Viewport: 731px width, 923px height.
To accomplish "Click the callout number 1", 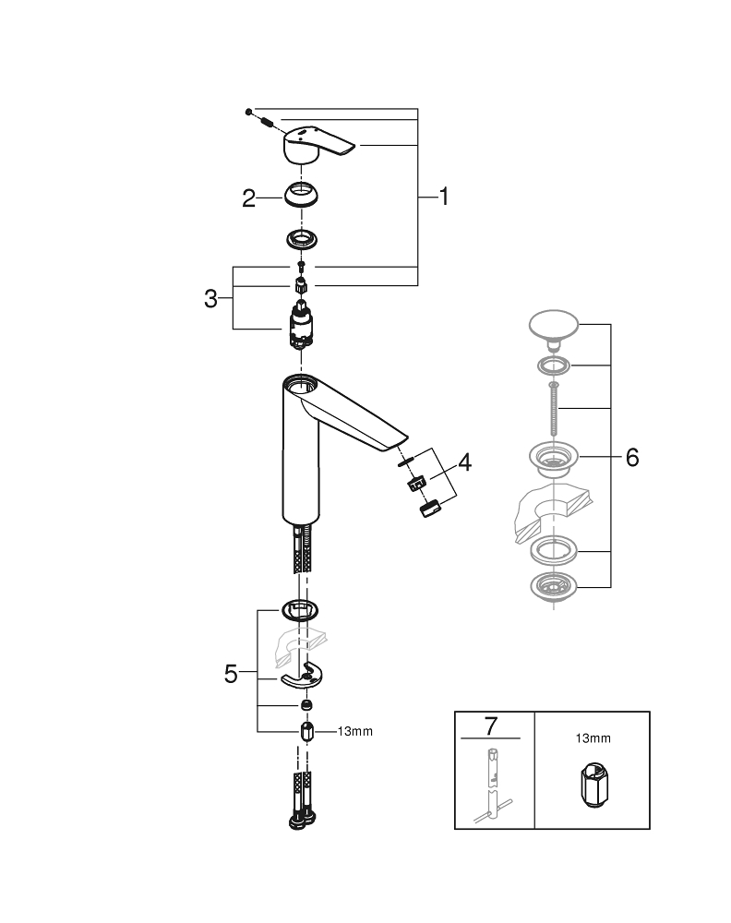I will pos(443,197).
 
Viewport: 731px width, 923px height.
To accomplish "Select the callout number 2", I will pos(248,198).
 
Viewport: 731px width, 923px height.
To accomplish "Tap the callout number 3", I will pos(211,298).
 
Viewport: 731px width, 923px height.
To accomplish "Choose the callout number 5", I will pos(232,675).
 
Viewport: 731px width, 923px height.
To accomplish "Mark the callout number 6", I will pos(631,458).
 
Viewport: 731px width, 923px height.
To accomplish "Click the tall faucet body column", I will pos(300,452).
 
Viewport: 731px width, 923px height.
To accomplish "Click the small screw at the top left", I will pos(249,112).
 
